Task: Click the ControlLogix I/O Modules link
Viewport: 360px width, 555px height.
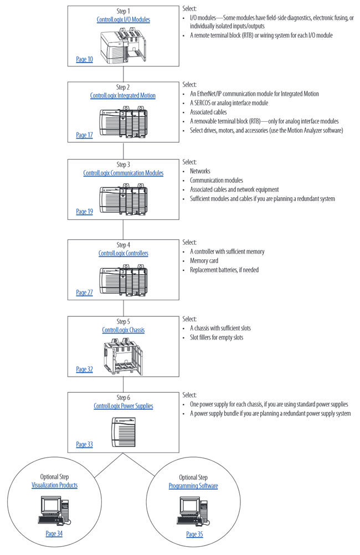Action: click(x=123, y=19)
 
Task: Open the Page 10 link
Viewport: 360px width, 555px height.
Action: click(x=84, y=59)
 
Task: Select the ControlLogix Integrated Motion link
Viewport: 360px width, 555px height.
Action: click(x=123, y=96)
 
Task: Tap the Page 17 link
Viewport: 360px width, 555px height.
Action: click(x=84, y=135)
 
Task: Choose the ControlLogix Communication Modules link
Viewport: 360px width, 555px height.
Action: click(x=123, y=173)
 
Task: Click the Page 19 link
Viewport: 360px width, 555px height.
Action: click(x=84, y=212)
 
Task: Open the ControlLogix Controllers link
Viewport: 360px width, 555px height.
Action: click(x=123, y=253)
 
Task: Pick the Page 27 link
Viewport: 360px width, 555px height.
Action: click(x=84, y=292)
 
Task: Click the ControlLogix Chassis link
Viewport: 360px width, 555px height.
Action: click(x=123, y=330)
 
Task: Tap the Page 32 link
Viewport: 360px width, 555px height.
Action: click(x=84, y=369)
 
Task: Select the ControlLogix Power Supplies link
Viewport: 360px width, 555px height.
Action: click(x=123, y=406)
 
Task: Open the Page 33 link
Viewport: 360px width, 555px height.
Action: click(x=84, y=444)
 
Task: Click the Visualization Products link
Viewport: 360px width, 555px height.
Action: click(x=54, y=485)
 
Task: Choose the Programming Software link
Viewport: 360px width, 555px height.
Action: click(x=193, y=486)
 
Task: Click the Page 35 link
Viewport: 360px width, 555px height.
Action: click(x=195, y=534)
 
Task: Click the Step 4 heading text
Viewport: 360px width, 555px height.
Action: click(x=123, y=245)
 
